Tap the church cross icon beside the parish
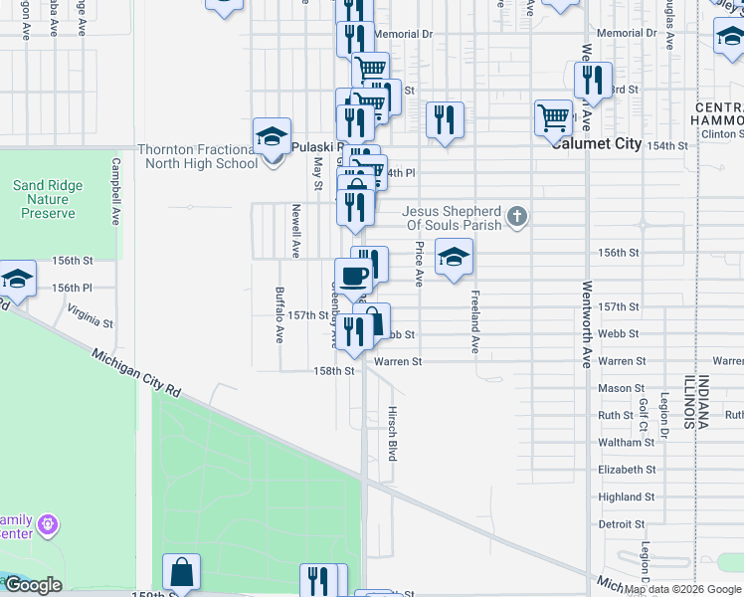516,216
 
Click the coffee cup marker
353,276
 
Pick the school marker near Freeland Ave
454,258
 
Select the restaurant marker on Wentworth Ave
594,80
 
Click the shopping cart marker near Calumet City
553,118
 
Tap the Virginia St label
90,315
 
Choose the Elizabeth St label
627,470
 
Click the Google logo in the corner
33,585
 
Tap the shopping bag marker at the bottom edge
182,573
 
